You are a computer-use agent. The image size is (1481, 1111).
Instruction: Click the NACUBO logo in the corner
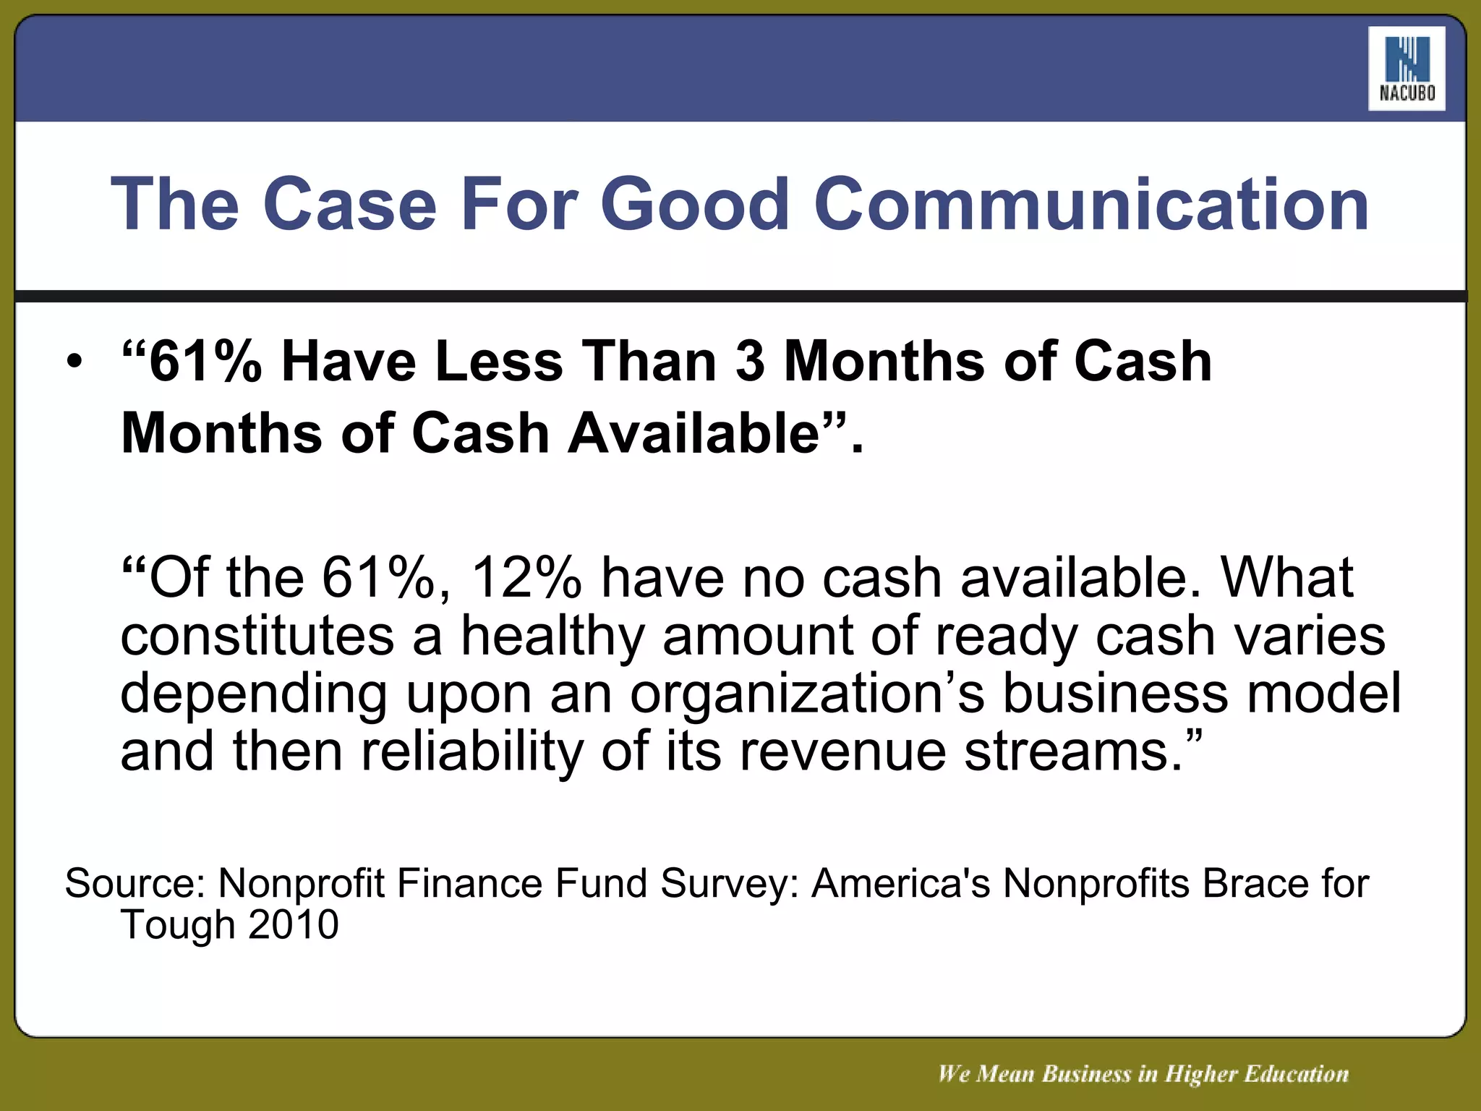point(1406,69)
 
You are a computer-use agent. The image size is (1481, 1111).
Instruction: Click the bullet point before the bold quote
point(74,362)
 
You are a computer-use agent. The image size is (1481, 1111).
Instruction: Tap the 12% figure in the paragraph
point(526,578)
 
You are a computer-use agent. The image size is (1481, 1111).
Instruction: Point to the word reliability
point(471,752)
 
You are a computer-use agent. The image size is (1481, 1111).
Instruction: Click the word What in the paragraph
point(1286,578)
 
